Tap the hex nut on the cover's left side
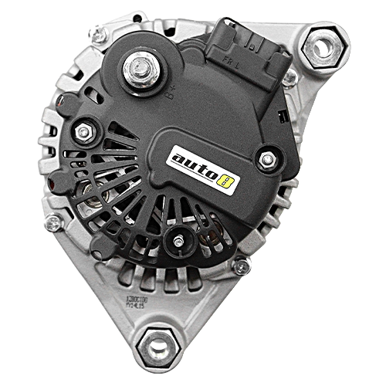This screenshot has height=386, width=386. click(x=83, y=132)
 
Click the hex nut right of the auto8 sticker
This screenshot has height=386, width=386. click(x=267, y=160)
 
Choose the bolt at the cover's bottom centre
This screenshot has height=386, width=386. click(x=178, y=242)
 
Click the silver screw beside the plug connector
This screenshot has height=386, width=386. click(x=289, y=78)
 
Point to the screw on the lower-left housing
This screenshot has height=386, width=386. click(x=53, y=224)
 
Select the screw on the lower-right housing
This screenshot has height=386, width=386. click(x=242, y=267)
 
